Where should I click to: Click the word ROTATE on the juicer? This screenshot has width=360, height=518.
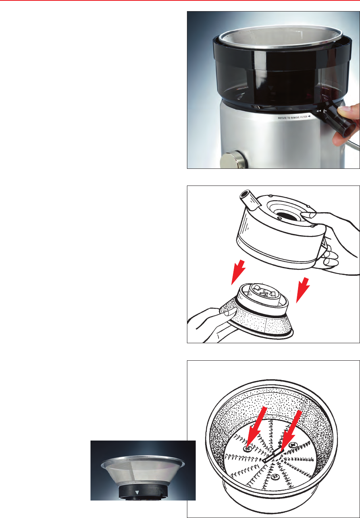(x=282, y=118)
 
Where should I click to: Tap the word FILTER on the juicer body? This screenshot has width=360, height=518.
(x=303, y=117)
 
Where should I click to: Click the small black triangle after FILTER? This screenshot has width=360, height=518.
(x=309, y=116)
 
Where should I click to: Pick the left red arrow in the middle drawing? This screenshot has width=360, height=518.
(x=238, y=272)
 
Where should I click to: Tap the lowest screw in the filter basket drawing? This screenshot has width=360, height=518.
(x=275, y=476)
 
